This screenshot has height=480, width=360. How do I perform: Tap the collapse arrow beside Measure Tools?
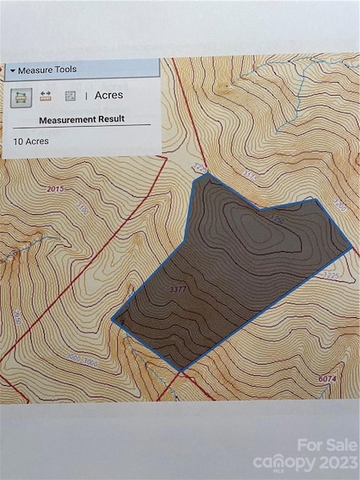[12, 70]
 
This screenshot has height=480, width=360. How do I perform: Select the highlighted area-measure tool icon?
[20, 96]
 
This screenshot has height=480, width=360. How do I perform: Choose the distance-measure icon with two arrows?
[45, 96]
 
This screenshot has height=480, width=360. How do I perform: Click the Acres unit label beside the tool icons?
[109, 95]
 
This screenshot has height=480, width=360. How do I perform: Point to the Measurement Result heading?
[82, 119]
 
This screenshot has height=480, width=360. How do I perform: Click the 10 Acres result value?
[31, 141]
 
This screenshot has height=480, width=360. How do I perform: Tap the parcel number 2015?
[56, 189]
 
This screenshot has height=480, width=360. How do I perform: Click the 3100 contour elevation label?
[82, 210]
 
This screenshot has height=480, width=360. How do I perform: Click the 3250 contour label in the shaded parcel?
[277, 221]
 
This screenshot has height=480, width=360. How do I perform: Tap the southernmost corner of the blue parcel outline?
[181, 369]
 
